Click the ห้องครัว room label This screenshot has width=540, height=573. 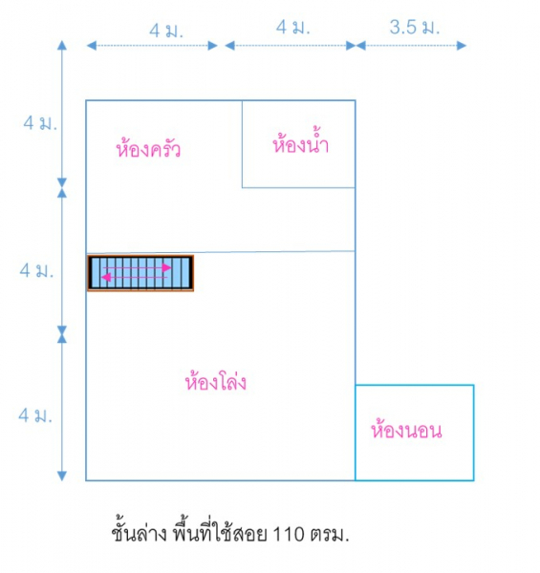(148, 148)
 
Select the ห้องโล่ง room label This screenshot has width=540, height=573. (216, 380)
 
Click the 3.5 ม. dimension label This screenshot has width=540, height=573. (414, 28)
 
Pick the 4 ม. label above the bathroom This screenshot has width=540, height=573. (292, 28)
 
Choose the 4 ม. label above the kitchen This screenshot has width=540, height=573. (166, 31)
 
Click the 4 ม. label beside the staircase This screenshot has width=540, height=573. (36, 270)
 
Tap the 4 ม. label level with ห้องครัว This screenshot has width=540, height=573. (40, 122)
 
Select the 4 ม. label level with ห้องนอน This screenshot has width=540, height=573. (35, 415)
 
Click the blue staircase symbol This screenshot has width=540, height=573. (140, 273)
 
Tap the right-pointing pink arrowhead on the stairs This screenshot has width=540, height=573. (166, 267)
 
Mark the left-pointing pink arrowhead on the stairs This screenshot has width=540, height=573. (106, 277)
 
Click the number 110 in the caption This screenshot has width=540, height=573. (289, 534)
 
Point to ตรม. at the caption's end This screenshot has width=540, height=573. (330, 535)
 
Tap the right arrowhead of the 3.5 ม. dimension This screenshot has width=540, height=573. (462, 46)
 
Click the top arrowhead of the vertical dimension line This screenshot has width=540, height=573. (62, 45)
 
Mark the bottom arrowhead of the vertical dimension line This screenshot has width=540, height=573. (62, 476)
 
